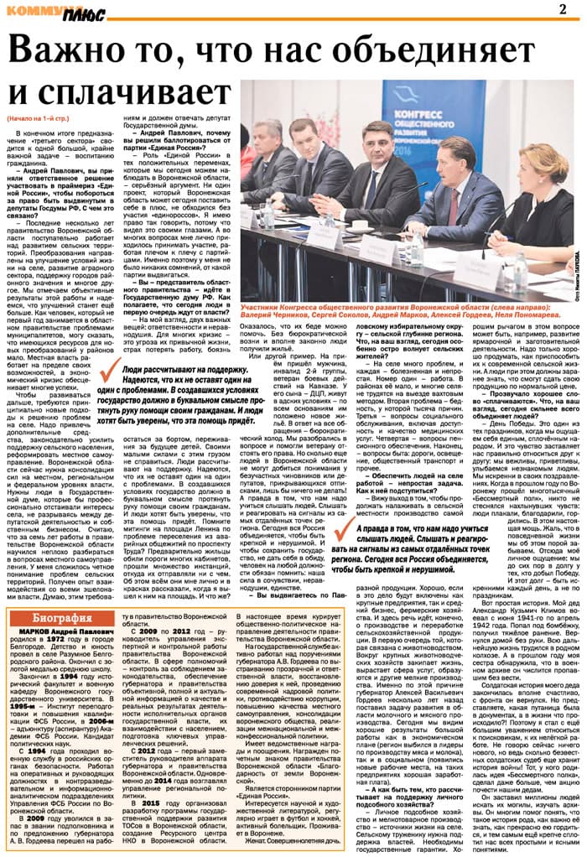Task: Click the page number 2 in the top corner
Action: point(562,9)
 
